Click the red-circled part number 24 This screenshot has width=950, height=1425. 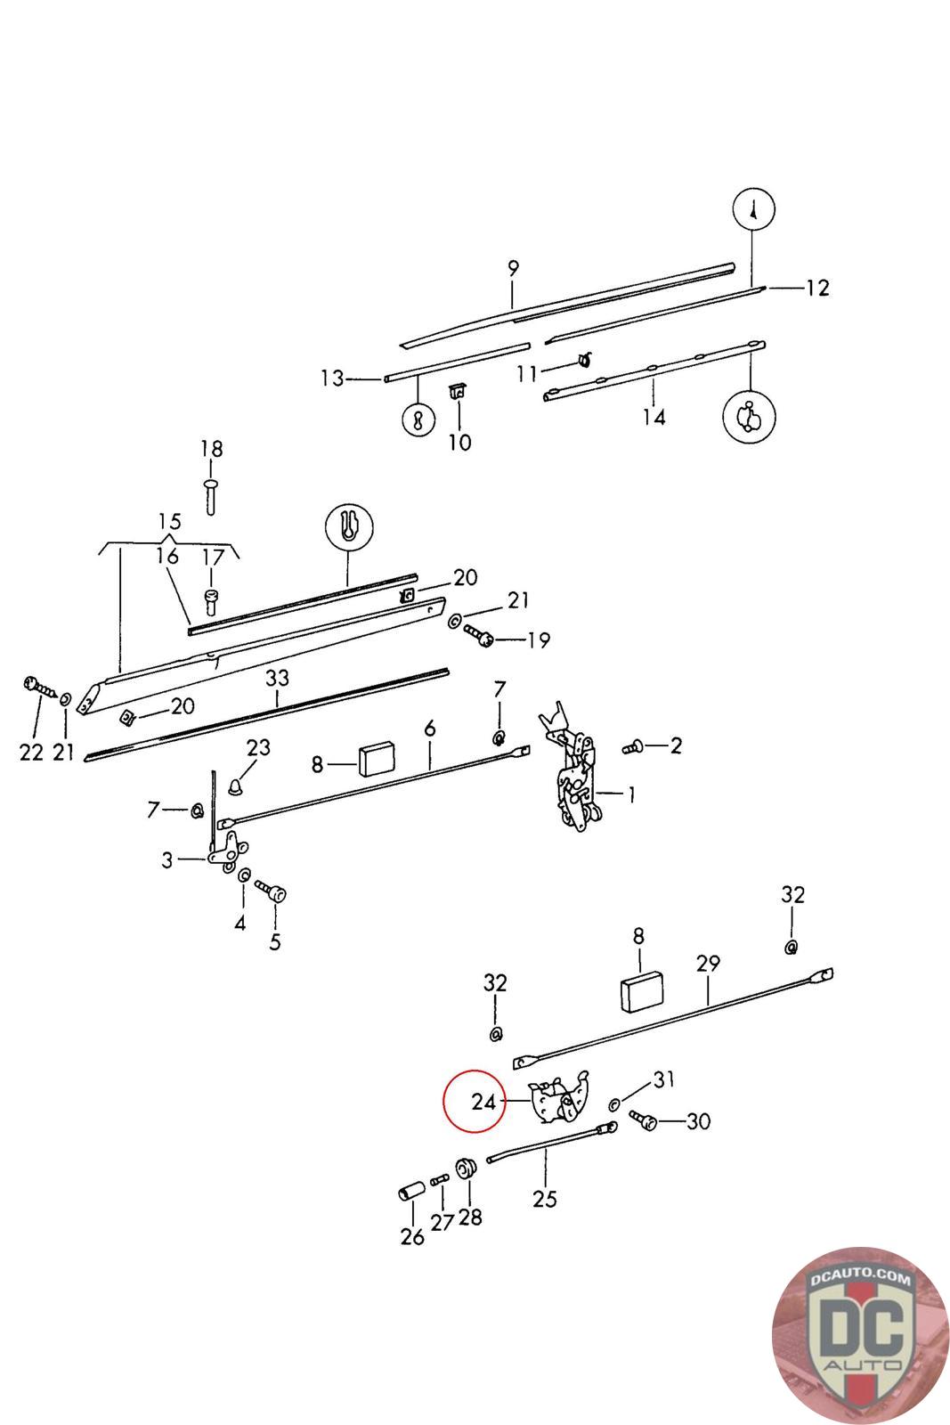[x=483, y=1102]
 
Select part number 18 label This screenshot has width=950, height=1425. [x=211, y=448]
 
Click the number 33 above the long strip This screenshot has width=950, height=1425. [x=277, y=678]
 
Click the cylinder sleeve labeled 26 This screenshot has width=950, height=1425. [x=410, y=1192]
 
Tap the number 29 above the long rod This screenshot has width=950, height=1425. [x=708, y=964]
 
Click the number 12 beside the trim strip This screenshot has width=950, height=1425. [x=816, y=288]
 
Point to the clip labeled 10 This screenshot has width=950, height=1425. [x=459, y=392]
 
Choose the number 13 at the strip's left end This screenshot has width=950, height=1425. [x=332, y=379]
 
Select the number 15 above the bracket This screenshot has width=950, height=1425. [x=169, y=521]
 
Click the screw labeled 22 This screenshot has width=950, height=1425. [x=36, y=686]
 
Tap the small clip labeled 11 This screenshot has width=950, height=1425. [x=583, y=360]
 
